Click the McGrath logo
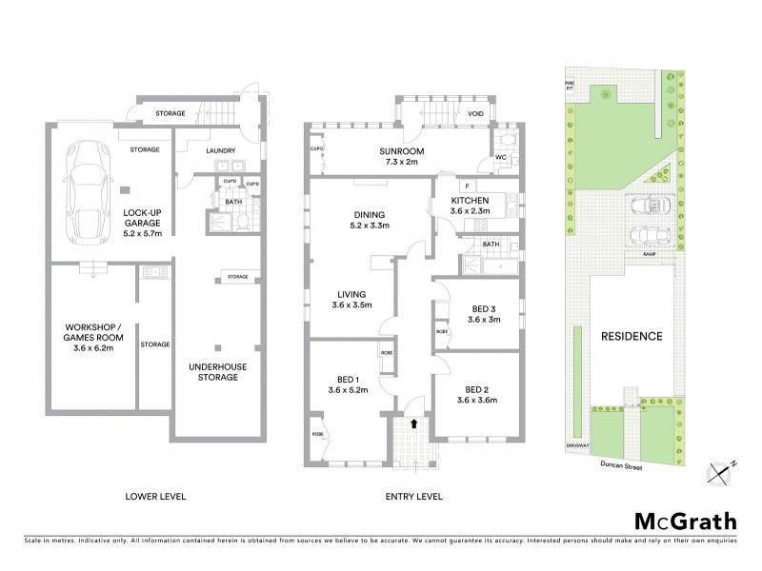(x=684, y=521)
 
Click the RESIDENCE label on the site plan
(x=631, y=337)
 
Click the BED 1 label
(x=347, y=383)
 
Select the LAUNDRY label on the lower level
(x=219, y=149)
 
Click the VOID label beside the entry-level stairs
(x=476, y=115)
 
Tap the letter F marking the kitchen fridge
(x=470, y=185)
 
